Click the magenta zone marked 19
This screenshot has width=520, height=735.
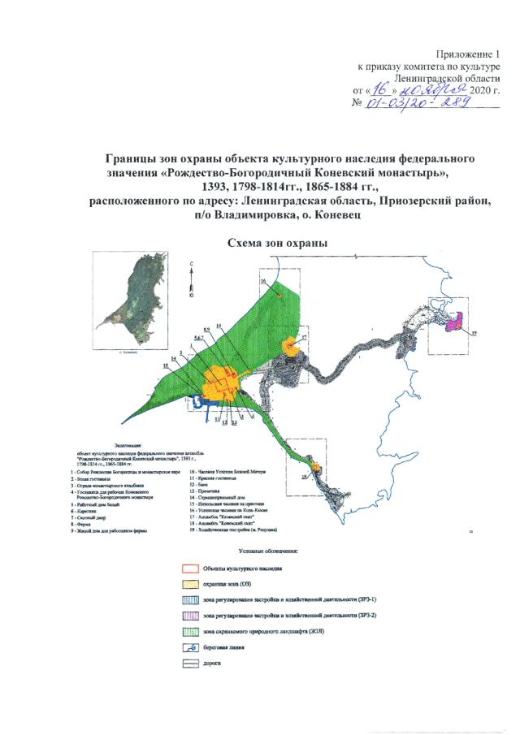[x=456, y=322]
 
